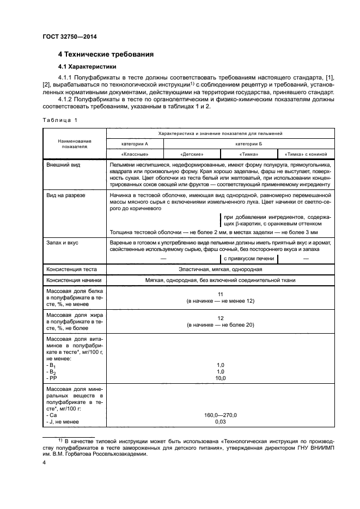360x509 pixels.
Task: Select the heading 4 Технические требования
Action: pyautogui.click(x=106, y=54)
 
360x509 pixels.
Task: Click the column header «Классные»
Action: pyautogui.click(x=135, y=154)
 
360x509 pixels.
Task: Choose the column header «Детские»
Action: pyautogui.click(x=191, y=154)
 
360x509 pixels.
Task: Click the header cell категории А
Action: pyautogui.click(x=135, y=143)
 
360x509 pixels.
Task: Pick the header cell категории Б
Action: pyautogui.click(x=248, y=143)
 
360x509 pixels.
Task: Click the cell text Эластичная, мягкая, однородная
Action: pyautogui.click(x=220, y=269)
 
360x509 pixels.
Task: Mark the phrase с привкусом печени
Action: pyautogui.click(x=248, y=259)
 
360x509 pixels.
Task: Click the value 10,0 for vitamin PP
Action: pyautogui.click(x=220, y=378)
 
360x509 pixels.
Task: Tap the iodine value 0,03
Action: pyautogui.click(x=220, y=421)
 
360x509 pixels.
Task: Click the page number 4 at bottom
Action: pyautogui.click(x=44, y=463)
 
